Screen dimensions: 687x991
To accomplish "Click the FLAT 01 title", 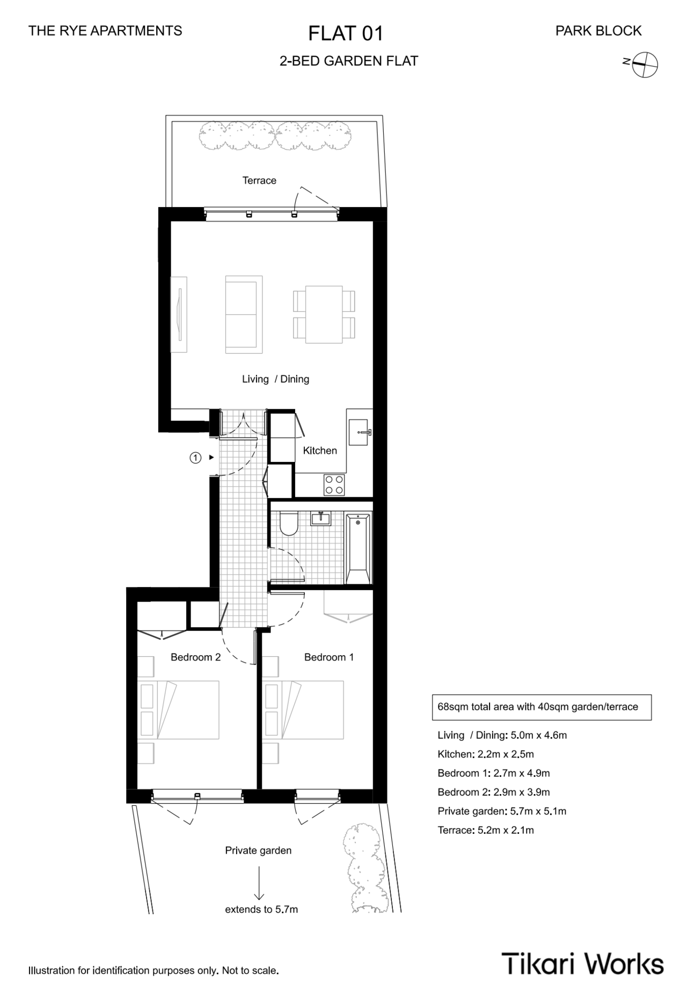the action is (346, 33).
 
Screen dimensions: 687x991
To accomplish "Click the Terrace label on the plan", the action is (259, 180).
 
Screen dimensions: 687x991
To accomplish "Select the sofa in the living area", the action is (244, 314).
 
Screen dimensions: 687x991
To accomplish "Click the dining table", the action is (324, 314).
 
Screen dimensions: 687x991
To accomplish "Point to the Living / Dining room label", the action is (275, 379).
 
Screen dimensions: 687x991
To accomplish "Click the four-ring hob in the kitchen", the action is (334, 485).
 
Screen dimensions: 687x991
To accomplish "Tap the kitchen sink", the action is (359, 432).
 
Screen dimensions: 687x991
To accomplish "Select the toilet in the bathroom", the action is (289, 524).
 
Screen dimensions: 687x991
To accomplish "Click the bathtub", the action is (358, 548).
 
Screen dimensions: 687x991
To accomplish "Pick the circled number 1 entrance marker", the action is (195, 458).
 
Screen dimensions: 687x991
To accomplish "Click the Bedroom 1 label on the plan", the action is (329, 657).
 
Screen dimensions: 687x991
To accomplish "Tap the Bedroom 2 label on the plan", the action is (195, 657).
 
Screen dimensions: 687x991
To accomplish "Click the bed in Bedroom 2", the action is (179, 710).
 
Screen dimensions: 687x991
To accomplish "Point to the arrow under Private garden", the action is (259, 882).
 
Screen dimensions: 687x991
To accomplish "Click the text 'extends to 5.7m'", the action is (261, 909).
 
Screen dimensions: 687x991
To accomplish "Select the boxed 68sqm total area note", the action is (542, 707).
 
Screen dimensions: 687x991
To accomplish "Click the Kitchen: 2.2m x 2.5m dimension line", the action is (486, 754).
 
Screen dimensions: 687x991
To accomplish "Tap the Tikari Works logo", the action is (582, 963).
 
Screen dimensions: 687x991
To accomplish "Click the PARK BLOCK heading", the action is (598, 31).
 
